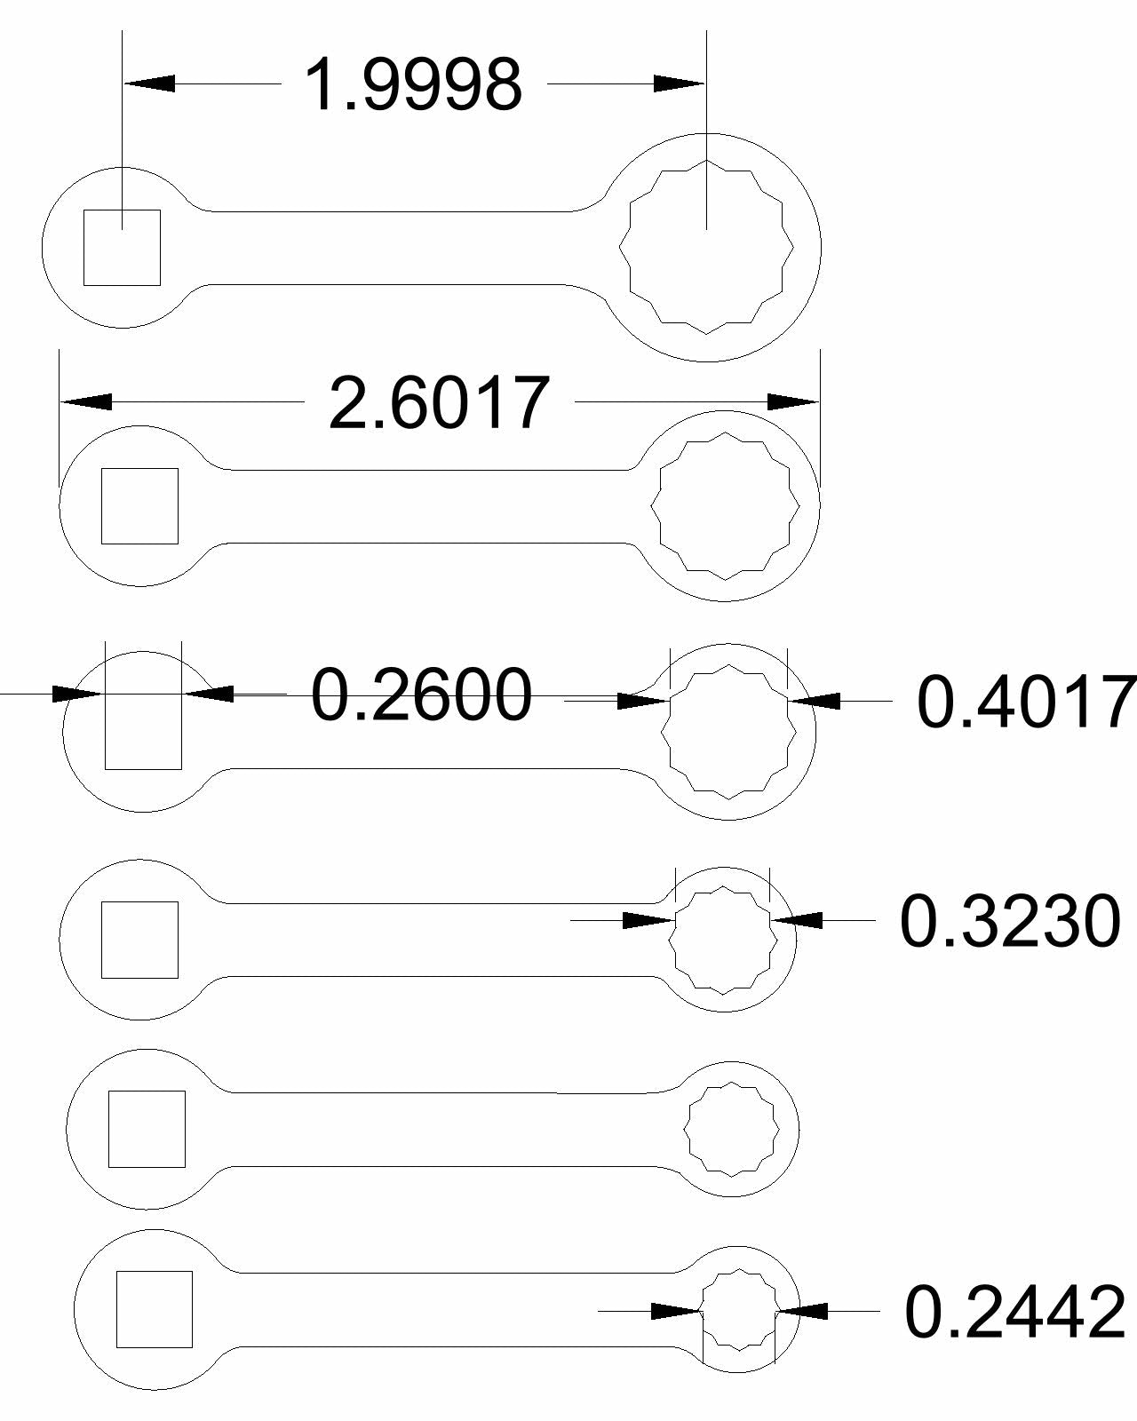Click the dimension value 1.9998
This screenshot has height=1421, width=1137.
pos(413,84)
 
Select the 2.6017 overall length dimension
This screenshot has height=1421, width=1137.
pos(439,402)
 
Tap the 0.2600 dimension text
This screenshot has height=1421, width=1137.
pos(422,694)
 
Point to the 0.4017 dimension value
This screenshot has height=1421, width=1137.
pos(1026,701)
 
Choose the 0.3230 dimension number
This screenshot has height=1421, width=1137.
pos(1010,920)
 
